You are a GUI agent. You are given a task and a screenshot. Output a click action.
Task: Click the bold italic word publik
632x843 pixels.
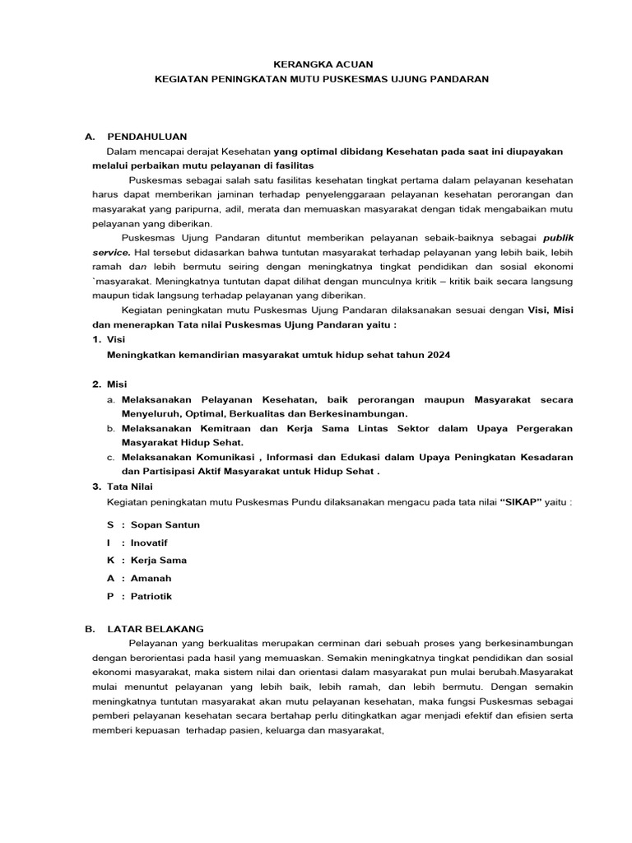(x=559, y=238)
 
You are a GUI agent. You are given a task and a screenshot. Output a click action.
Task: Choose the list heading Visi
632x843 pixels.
(x=117, y=338)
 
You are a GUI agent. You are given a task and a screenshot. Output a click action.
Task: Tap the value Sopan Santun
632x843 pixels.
(x=165, y=524)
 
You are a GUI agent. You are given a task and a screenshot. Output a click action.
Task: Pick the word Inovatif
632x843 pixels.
(x=149, y=543)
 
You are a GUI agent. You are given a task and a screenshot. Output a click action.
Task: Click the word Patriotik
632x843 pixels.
(x=151, y=596)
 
